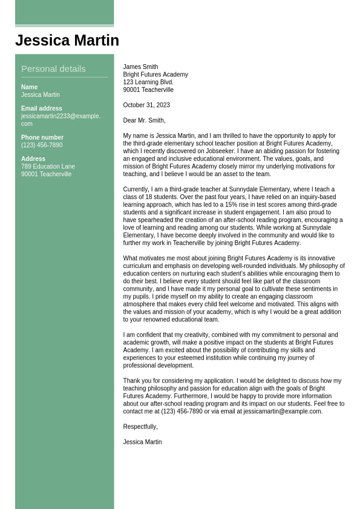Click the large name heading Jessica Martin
(67, 41)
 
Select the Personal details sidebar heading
(53, 69)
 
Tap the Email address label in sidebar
(42, 109)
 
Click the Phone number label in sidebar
(42, 137)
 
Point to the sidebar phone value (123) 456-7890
(42, 145)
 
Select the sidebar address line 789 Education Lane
(48, 166)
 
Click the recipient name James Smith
(140, 67)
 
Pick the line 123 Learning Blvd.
(148, 82)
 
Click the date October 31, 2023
(146, 105)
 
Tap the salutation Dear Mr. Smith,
(144, 120)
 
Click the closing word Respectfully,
(140, 427)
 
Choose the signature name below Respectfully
(142, 442)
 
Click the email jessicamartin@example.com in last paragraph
(282, 412)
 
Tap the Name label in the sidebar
(29, 87)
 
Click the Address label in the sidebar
(33, 159)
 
